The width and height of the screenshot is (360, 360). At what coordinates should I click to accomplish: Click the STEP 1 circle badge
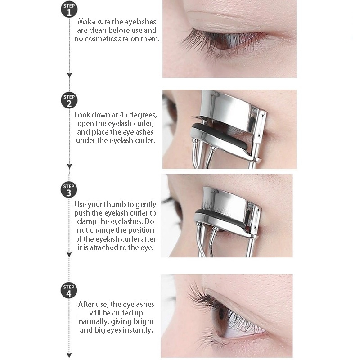[69, 9]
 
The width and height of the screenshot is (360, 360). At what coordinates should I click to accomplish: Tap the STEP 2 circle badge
[69, 100]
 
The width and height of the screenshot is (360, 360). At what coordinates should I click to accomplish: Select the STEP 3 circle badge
[69, 189]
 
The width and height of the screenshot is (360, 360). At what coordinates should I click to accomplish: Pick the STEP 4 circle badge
[69, 290]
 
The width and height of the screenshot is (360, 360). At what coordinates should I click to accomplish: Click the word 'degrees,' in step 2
[141, 115]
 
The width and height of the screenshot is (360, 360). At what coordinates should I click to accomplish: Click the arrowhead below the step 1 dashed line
[69, 75]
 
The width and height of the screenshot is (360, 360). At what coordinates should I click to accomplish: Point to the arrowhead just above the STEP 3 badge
[69, 166]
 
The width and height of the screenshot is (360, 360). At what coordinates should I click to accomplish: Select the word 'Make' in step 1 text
[86, 22]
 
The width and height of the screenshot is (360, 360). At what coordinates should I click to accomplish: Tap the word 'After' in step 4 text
[86, 304]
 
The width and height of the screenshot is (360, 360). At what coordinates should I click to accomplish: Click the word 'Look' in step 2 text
[82, 115]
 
